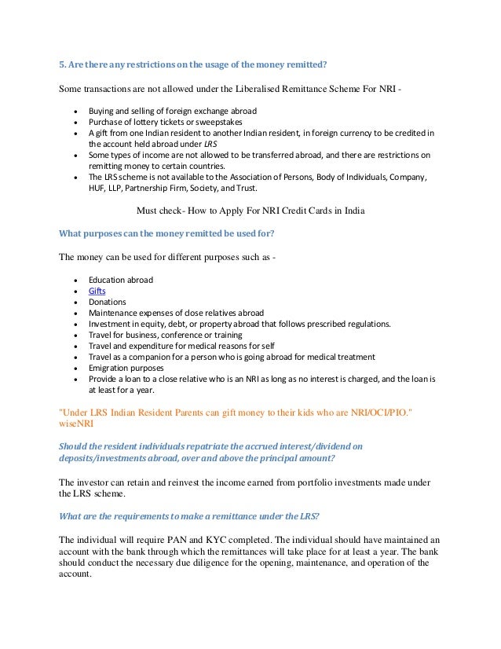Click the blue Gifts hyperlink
point(97,291)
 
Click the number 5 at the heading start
point(62,64)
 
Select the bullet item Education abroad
point(120,280)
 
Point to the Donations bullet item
point(107,302)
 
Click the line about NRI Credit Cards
point(251,211)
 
